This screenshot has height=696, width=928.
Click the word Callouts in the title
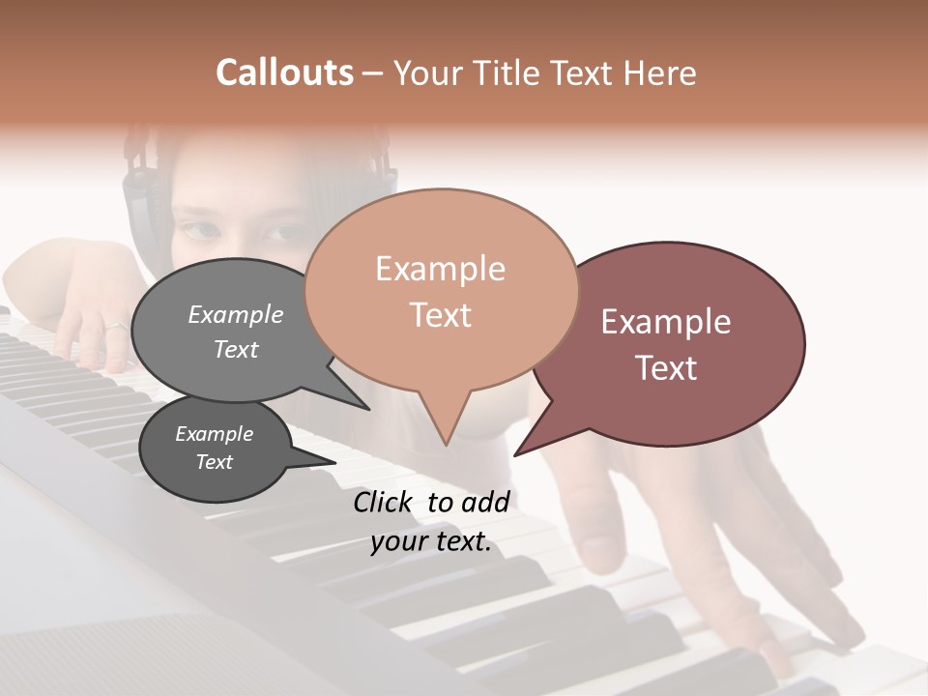point(284,72)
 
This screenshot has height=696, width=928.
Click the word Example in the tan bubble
point(440,269)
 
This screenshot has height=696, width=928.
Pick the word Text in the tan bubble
point(440,315)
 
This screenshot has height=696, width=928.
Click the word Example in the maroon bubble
point(666,322)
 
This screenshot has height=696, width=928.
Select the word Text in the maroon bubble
point(666,368)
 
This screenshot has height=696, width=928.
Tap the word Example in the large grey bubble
point(235,314)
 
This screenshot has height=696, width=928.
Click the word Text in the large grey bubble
point(235,349)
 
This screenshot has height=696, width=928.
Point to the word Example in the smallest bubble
point(214,434)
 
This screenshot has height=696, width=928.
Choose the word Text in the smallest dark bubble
point(214,462)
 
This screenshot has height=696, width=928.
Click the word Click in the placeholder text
point(384,502)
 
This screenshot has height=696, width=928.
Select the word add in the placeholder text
point(486,502)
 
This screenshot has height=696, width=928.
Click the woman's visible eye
point(201,231)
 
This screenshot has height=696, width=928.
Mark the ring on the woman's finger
point(114,326)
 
